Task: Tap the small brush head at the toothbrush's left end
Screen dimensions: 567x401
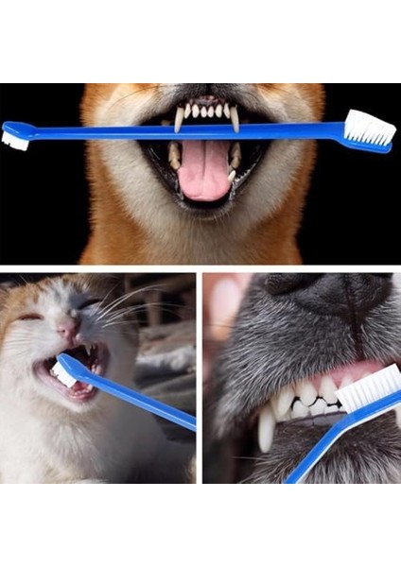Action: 14,140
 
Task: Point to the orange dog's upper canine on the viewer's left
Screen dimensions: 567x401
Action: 179,117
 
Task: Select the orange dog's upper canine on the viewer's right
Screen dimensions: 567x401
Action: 235,117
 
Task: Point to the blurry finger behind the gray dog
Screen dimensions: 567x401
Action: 224,312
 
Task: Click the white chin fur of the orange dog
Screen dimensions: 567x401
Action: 203,236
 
